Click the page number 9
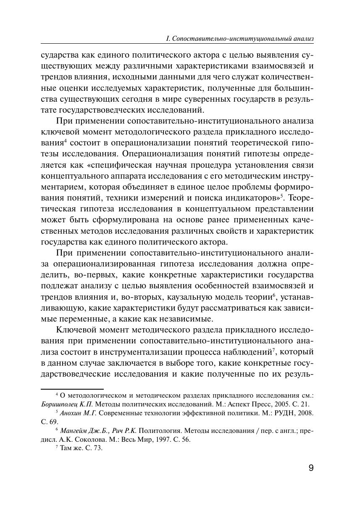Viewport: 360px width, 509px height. pyautogui.click(x=311, y=468)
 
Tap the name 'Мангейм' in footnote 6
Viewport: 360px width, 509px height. pyautogui.click(x=74, y=430)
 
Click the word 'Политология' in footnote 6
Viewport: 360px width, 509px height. pyautogui.click(x=156, y=430)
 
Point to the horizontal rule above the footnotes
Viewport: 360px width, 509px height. pyautogui.click(x=72, y=389)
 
